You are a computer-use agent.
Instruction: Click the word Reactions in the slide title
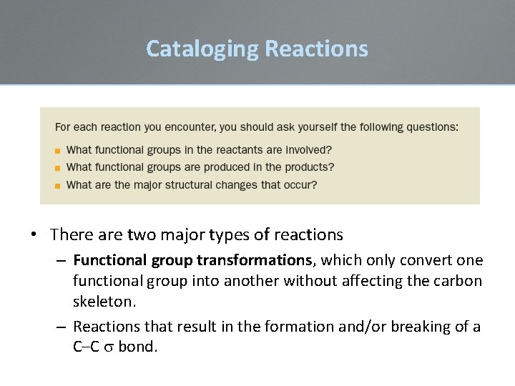(x=316, y=49)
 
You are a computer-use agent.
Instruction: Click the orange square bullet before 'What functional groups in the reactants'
(x=58, y=151)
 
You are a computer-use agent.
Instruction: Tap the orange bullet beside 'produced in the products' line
(x=58, y=168)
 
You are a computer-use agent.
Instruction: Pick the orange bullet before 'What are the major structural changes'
(x=58, y=185)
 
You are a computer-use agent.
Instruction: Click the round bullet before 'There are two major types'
(x=34, y=234)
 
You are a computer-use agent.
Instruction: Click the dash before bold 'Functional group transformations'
(x=62, y=260)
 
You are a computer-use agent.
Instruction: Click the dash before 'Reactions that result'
(x=62, y=327)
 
